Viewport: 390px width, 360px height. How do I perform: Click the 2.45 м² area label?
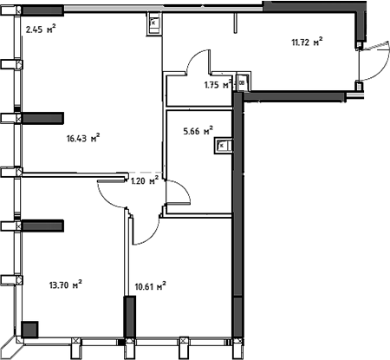(41, 29)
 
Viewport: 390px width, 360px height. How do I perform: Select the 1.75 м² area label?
(218, 85)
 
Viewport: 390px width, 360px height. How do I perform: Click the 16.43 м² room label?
(84, 136)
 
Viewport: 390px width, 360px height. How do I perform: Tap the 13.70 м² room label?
(66, 284)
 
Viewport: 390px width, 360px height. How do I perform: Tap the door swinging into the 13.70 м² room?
(111, 194)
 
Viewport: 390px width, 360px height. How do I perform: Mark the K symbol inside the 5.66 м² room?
(222, 146)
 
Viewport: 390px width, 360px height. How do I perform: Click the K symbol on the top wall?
(153, 23)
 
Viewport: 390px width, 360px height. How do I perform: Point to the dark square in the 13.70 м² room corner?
(29, 329)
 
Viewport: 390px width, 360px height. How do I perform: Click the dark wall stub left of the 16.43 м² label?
(43, 118)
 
